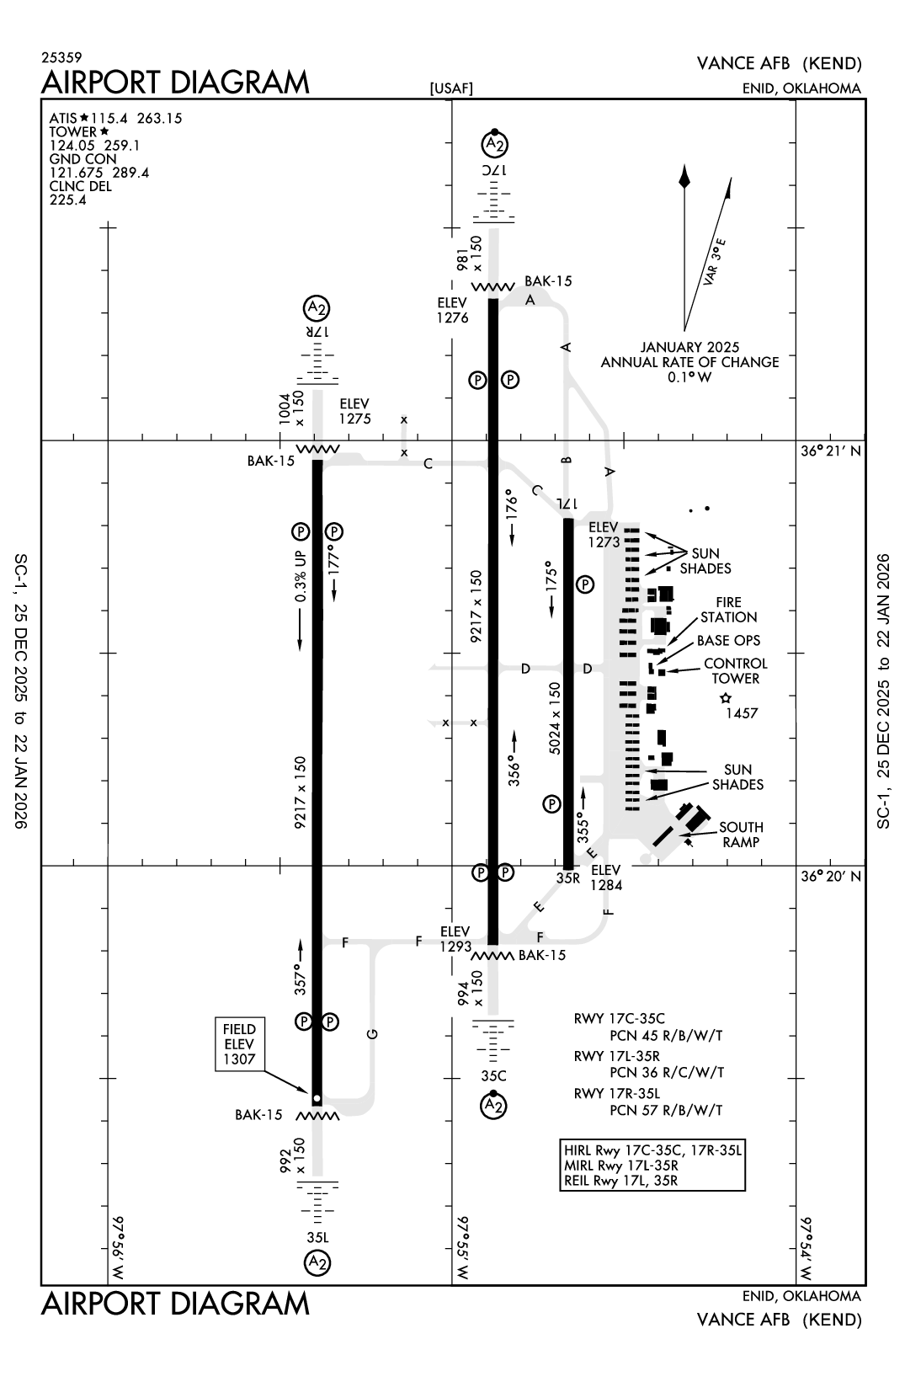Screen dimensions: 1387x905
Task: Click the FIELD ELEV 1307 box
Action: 239,1044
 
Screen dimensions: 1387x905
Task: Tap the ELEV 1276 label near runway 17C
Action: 452,310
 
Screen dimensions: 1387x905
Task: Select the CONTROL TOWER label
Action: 735,671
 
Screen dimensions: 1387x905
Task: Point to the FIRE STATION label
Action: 728,610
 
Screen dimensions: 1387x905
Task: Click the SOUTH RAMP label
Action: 741,835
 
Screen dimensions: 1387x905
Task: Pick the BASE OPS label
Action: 728,641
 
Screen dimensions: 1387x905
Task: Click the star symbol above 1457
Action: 726,698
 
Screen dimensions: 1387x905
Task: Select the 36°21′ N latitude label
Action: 831,451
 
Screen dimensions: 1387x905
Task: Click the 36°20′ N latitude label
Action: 831,876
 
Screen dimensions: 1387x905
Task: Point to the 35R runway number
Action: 568,878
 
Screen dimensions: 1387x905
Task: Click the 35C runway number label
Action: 494,1076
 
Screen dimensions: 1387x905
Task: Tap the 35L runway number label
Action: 317,1238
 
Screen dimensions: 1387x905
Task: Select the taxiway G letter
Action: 373,1033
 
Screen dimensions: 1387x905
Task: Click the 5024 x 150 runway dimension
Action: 554,718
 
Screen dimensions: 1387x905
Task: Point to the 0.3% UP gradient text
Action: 301,577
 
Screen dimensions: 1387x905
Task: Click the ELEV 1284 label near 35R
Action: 605,878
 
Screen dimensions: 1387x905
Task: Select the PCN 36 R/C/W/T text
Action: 666,1073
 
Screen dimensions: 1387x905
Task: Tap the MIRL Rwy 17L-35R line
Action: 620,1166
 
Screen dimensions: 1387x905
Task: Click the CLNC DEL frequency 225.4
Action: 67,200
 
